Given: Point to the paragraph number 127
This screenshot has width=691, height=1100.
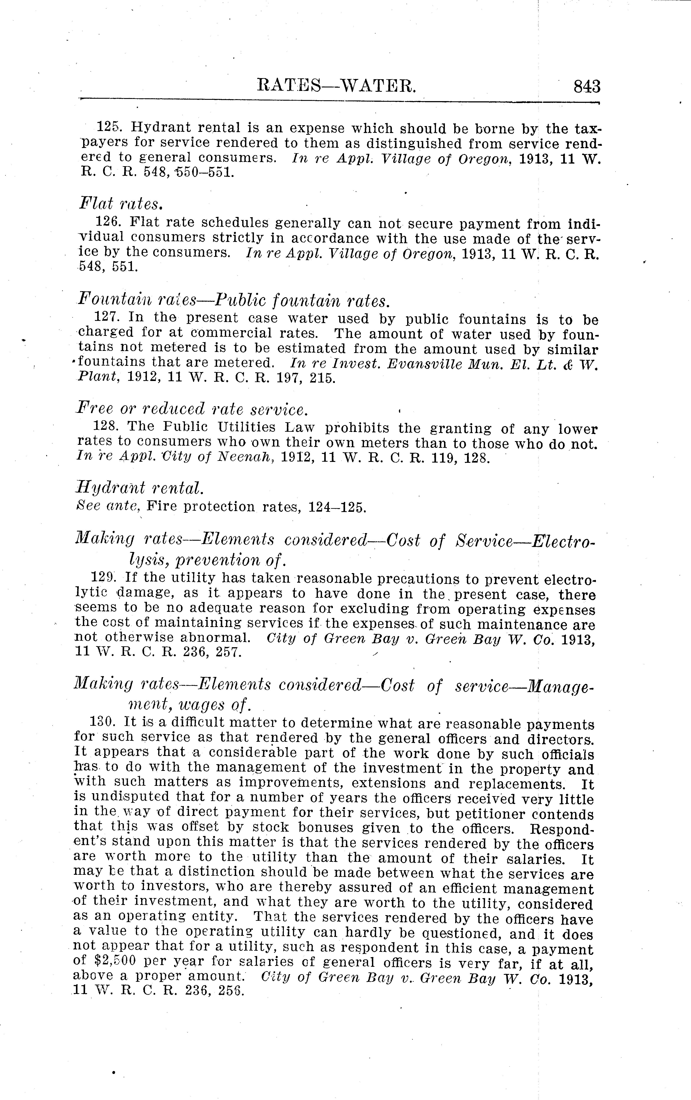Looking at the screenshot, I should tap(107, 317).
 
